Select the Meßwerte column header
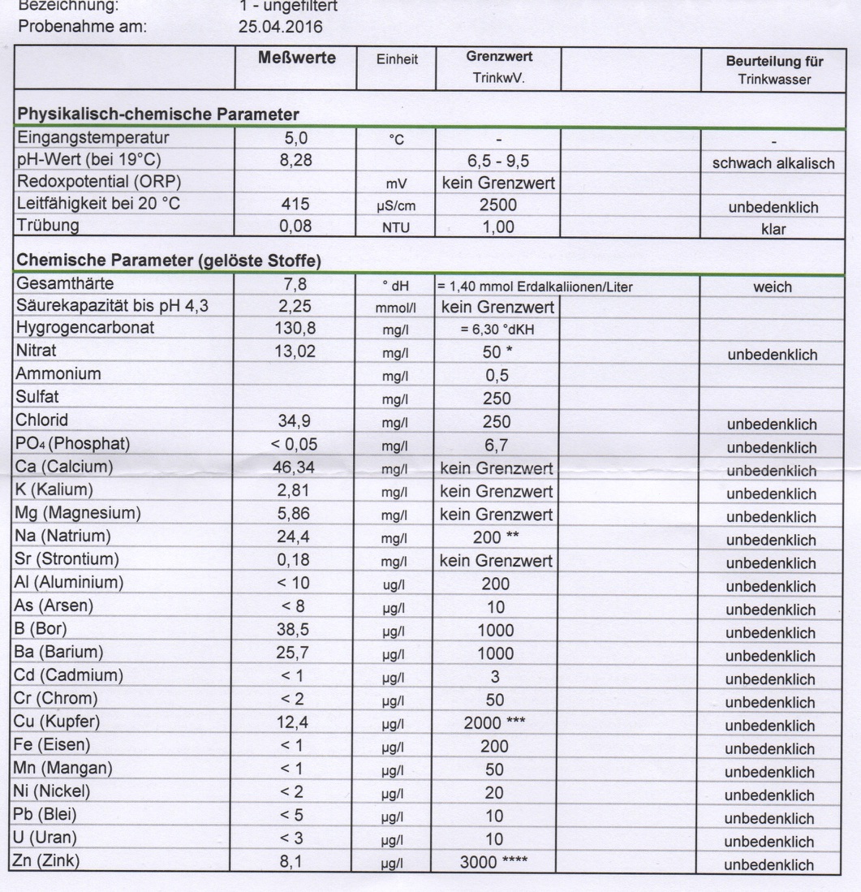296,58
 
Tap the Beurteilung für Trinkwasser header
774,70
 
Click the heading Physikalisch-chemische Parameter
158,114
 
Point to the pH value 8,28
296,160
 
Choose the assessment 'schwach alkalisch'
773,163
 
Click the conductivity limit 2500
497,205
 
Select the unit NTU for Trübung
397,229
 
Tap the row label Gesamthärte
66,284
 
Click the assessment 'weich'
773,287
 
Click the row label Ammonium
59,374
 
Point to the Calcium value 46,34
296,468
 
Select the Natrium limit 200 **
497,537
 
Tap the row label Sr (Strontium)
67,560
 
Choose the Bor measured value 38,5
296,630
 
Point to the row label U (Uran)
46,838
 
